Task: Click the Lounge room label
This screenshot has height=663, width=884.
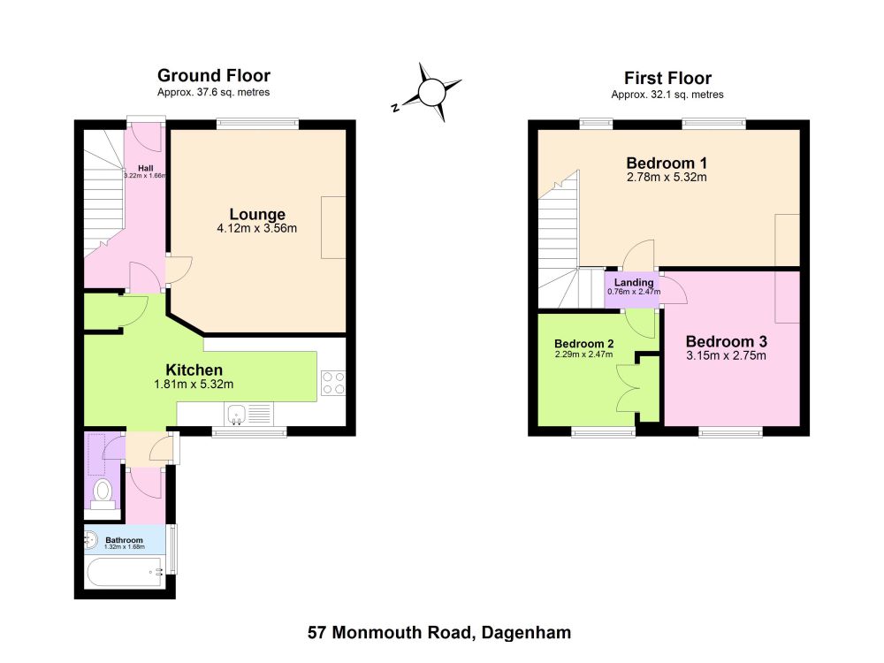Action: pyautogui.click(x=257, y=214)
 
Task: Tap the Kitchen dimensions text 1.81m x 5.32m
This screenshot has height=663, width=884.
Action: pyautogui.click(x=194, y=385)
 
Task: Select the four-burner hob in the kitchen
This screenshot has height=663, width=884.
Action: pyautogui.click(x=333, y=384)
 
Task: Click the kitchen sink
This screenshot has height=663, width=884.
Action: pyautogui.click(x=236, y=414)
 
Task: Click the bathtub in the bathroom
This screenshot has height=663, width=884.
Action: pyautogui.click(x=126, y=572)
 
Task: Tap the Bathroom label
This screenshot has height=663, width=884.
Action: pyautogui.click(x=124, y=540)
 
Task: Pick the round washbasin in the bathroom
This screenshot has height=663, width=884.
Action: pyautogui.click(x=90, y=541)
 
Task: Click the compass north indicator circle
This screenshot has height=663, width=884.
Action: pyautogui.click(x=432, y=93)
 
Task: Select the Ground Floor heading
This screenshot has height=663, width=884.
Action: pyautogui.click(x=214, y=75)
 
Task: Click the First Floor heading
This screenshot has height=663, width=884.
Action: pyautogui.click(x=667, y=78)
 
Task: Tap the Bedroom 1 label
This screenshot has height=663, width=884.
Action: pyautogui.click(x=667, y=163)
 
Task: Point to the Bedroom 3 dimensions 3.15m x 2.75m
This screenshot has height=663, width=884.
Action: pyautogui.click(x=726, y=355)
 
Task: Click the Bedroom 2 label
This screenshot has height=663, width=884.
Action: pyautogui.click(x=584, y=344)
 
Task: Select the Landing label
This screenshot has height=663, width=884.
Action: pyautogui.click(x=634, y=282)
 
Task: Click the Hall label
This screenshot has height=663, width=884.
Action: pyautogui.click(x=146, y=168)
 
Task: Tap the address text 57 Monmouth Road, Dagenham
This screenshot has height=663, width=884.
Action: pyautogui.click(x=439, y=633)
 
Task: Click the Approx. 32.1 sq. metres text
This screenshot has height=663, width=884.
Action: pyautogui.click(x=667, y=95)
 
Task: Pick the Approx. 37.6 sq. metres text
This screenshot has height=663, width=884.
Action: pyautogui.click(x=214, y=92)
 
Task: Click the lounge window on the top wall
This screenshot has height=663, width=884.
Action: pyautogui.click(x=257, y=123)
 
